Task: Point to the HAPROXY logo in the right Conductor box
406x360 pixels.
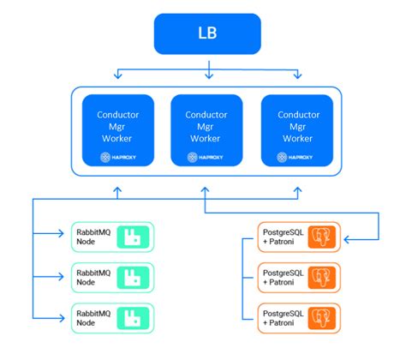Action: tap(296, 157)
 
